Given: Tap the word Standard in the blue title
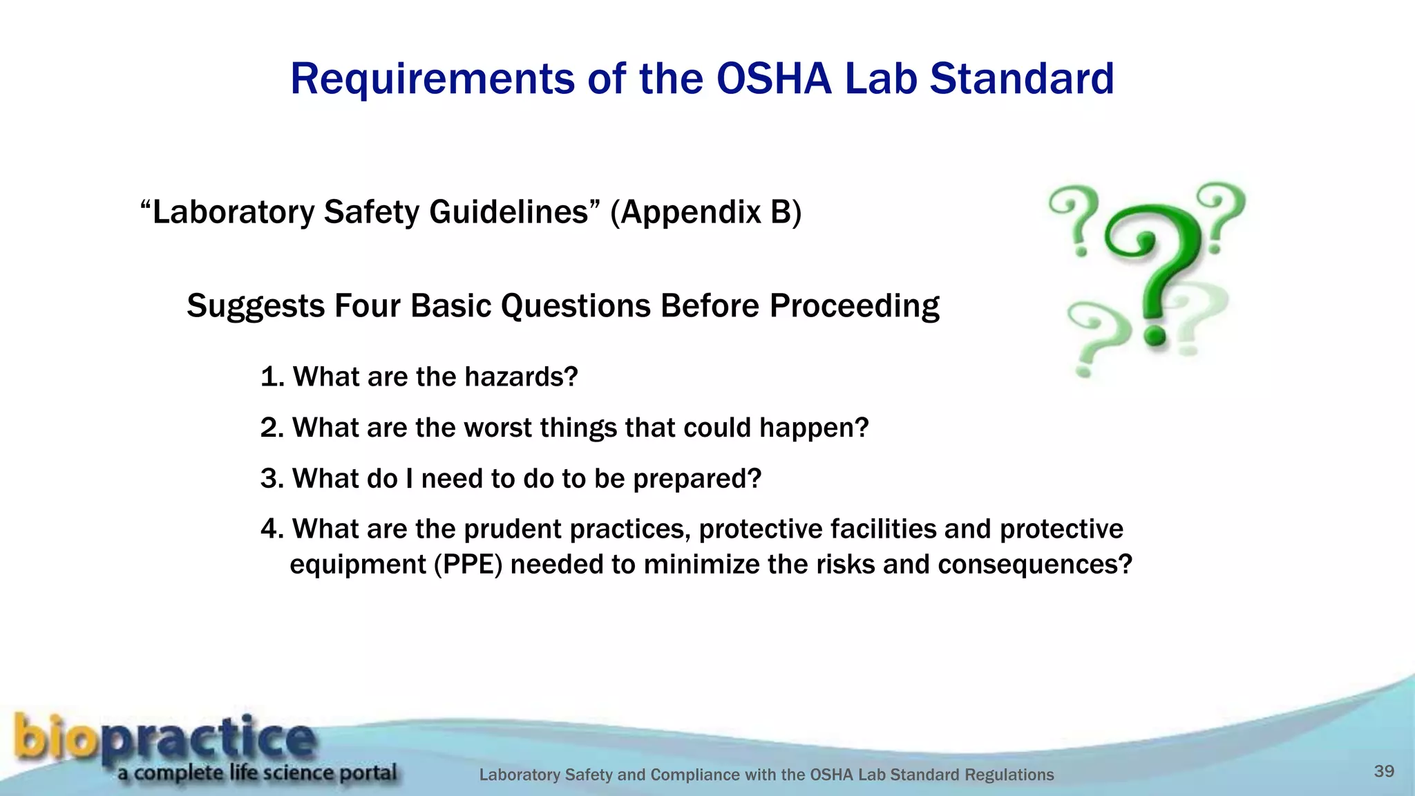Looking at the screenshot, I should [x=1021, y=78].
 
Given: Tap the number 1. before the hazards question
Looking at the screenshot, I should [x=272, y=377].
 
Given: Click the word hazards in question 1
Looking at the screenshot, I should [x=520, y=377].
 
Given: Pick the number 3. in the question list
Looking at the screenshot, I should [x=272, y=478].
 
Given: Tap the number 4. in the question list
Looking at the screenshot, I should [x=272, y=529].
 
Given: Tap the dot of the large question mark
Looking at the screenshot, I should [x=1155, y=337].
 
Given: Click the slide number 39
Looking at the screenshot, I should [x=1384, y=771].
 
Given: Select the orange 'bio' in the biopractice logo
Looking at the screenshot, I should [x=55, y=737].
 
